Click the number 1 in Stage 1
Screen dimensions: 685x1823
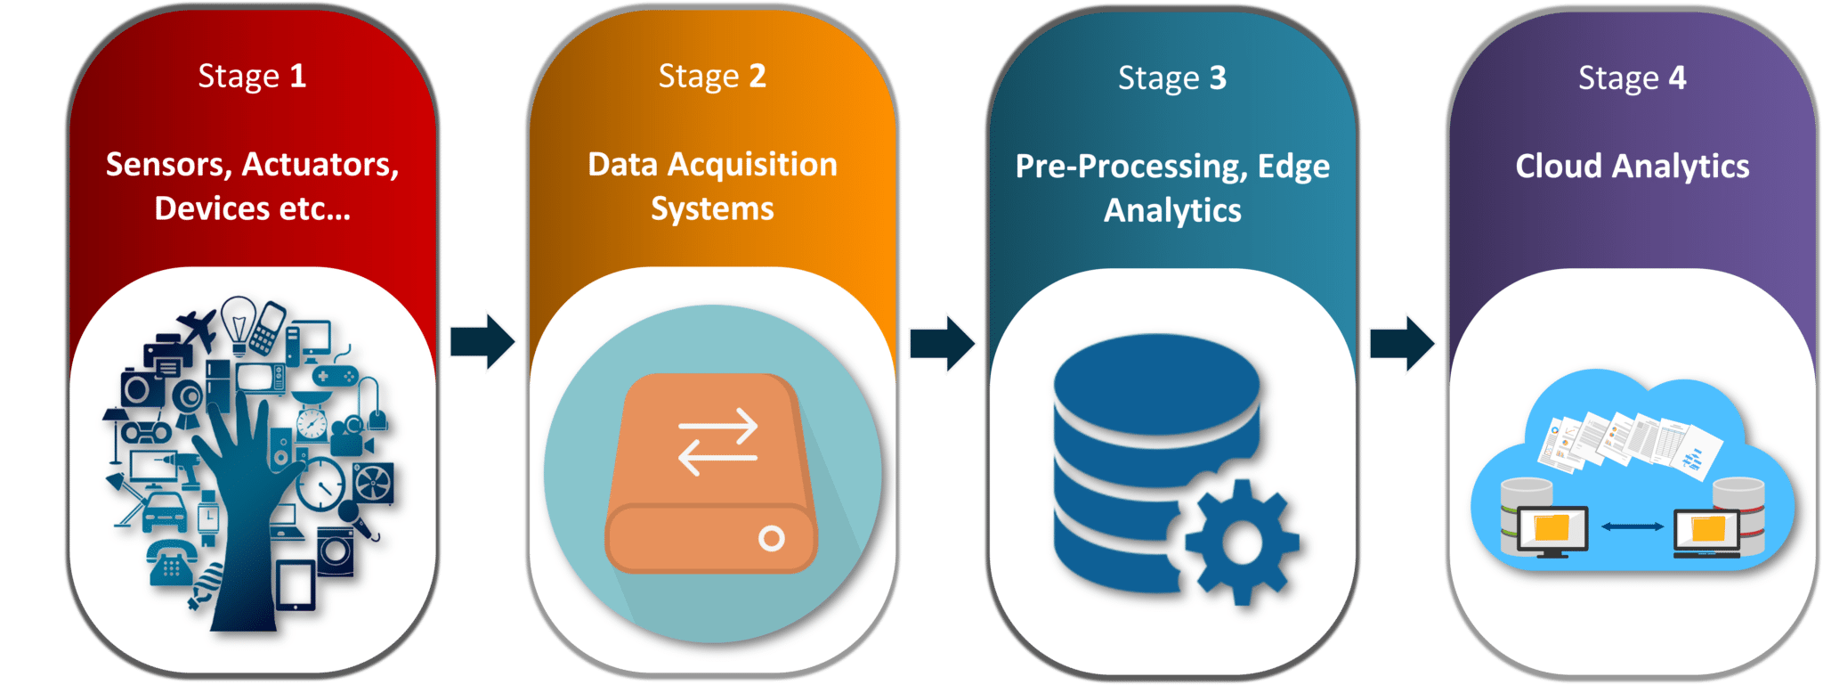tap(298, 77)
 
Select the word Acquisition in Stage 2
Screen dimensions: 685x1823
tap(752, 165)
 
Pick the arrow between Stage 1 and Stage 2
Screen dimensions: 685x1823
tap(482, 341)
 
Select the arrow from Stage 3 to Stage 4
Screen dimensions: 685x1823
tap(1402, 343)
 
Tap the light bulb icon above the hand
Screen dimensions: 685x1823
tap(238, 324)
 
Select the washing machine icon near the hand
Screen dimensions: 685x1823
tap(336, 549)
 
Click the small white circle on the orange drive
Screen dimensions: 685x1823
tap(771, 538)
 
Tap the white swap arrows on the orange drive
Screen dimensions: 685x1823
tap(717, 442)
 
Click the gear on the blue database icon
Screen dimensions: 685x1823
tap(1241, 541)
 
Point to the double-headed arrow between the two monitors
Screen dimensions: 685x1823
tap(1632, 526)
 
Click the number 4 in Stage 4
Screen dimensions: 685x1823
tap(1677, 78)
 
